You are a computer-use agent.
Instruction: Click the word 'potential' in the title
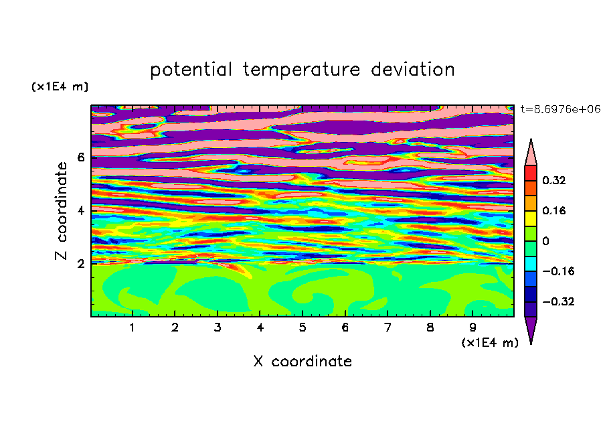[191, 70]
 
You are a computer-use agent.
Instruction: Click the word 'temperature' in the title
[301, 70]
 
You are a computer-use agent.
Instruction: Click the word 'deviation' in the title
[412, 70]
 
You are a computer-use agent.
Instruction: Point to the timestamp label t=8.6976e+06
[560, 109]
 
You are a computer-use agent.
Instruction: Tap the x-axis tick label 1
[133, 327]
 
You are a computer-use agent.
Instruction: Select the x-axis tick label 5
[302, 327]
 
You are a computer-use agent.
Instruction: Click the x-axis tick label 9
[472, 327]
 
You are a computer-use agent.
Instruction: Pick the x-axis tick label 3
[218, 327]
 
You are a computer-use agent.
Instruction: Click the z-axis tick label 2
[80, 263]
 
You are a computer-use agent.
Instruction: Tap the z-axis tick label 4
[80, 210]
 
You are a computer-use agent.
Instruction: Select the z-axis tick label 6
[80, 157]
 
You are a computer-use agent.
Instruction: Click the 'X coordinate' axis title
[302, 361]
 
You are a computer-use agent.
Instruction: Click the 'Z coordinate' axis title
[62, 210]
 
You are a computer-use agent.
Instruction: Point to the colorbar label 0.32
[553, 180]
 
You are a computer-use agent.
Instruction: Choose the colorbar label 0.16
[553, 210]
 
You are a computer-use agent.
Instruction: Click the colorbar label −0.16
[558, 271]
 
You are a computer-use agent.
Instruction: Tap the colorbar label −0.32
[558, 301]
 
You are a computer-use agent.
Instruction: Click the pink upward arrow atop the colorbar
[531, 153]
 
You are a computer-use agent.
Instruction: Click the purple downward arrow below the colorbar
[531, 328]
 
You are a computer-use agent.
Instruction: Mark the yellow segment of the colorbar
[531, 218]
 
